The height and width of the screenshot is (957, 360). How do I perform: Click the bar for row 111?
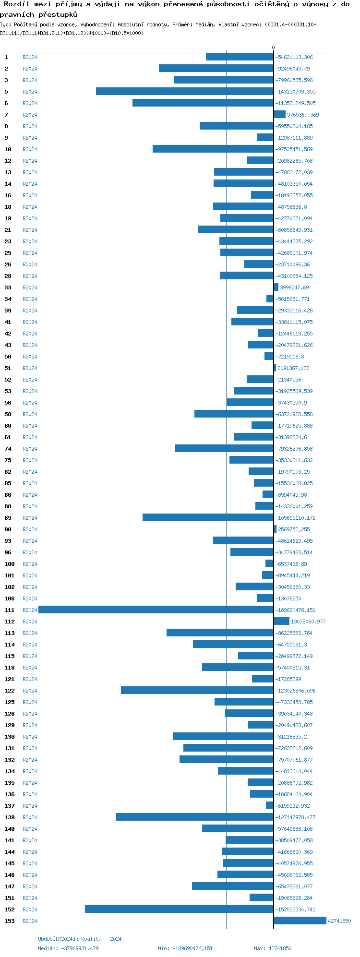click(x=156, y=610)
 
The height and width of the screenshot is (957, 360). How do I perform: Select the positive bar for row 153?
click(x=300, y=921)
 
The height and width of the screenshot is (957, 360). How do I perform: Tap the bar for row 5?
click(x=185, y=91)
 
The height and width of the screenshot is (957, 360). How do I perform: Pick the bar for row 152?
click(x=179, y=909)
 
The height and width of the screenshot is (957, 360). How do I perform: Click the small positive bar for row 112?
click(x=281, y=621)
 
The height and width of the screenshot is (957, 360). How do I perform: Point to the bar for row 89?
click(x=208, y=517)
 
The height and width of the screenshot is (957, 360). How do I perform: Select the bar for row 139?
click(x=194, y=817)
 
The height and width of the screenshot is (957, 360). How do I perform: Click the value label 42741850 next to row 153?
click(x=339, y=921)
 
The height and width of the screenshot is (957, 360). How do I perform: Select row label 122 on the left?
click(x=10, y=691)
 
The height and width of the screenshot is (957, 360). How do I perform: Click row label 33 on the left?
click(x=8, y=287)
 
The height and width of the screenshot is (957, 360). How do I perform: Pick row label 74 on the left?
click(x=8, y=449)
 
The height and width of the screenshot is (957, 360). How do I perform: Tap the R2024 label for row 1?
click(x=30, y=57)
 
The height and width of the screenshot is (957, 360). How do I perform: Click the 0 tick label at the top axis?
click(x=274, y=48)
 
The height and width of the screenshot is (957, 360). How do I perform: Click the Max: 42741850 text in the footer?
click(x=273, y=948)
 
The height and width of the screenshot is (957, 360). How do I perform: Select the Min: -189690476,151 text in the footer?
click(x=185, y=948)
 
